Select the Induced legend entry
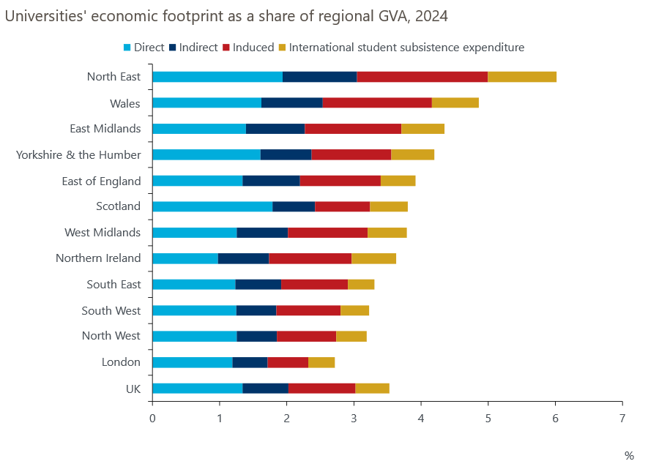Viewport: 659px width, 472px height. coord(252,48)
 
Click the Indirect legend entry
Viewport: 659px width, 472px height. coord(193,48)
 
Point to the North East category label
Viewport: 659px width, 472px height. coord(113,77)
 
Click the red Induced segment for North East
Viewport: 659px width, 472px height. coord(422,77)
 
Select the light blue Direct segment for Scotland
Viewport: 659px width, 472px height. coord(212,206)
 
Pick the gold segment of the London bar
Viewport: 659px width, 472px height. coord(321,362)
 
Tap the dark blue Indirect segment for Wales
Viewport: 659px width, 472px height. coord(291,102)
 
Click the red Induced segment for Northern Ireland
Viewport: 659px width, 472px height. coord(310,258)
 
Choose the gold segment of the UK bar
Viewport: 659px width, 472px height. coord(372,388)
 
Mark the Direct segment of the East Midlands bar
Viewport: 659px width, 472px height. coord(199,129)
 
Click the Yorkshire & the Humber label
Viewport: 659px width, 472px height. coord(78,154)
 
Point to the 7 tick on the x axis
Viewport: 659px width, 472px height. coord(622,419)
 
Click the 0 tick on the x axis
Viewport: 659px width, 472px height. coord(152,419)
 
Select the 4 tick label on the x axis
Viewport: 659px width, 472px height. coord(420,419)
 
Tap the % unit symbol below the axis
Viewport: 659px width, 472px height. coord(629,456)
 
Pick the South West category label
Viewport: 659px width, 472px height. coord(111,310)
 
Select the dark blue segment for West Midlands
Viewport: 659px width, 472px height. coord(262,233)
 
